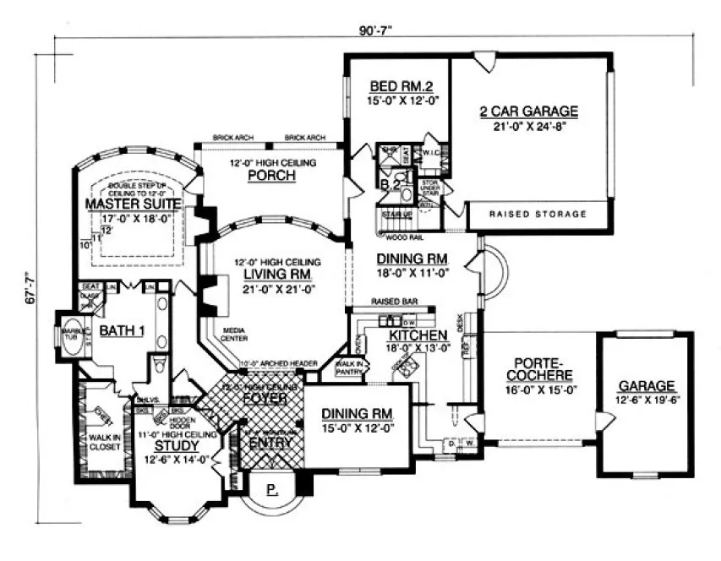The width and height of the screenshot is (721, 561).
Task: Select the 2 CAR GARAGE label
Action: (x=528, y=111)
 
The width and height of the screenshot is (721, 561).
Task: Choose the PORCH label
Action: (x=270, y=177)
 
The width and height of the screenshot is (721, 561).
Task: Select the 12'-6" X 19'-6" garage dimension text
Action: (x=647, y=400)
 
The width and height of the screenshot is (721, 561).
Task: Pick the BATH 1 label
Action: (x=122, y=331)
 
